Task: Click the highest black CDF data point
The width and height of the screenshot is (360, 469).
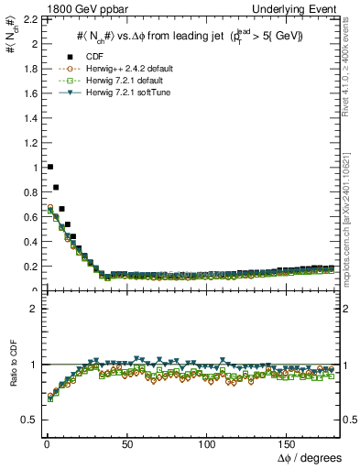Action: point(49,167)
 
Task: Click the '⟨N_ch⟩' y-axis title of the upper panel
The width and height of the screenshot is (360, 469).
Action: point(12,38)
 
